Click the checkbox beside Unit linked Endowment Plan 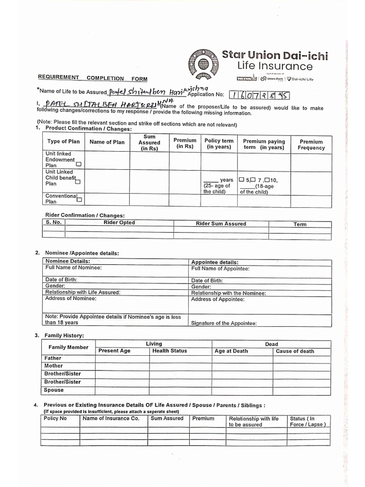tap(79, 164)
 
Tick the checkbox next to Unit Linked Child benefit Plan tap(77, 182)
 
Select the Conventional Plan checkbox tap(79, 200)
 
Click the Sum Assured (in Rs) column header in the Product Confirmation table tap(149, 143)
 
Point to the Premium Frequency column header tap(311, 145)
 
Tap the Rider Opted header tap(119, 223)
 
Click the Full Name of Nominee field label tap(73, 268)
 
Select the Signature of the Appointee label tap(223, 323)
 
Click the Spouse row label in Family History tap(54, 390)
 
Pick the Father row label tap(53, 358)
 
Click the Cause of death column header tap(295, 351)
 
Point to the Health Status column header tap(170, 351)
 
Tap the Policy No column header tap(55, 419)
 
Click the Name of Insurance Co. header tap(111, 419)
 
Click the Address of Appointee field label tap(218, 300)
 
